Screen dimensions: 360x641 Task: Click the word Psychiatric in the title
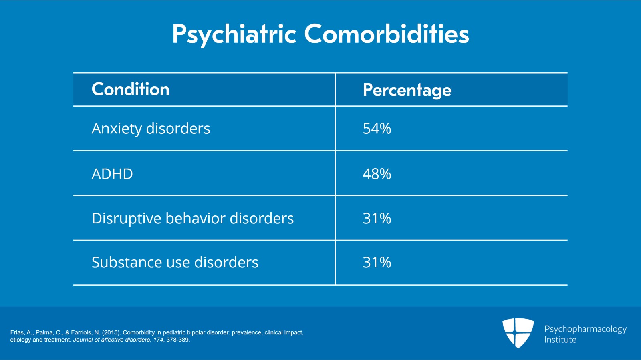pyautogui.click(x=234, y=34)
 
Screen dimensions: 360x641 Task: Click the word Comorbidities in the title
pyautogui.click(x=386, y=34)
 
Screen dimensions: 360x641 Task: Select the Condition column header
pyautogui.click(x=130, y=89)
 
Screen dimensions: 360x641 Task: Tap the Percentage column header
pyautogui.click(x=407, y=90)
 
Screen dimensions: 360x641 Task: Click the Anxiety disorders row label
pyautogui.click(x=151, y=129)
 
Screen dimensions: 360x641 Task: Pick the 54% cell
pyautogui.click(x=377, y=129)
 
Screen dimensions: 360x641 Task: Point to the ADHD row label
pyautogui.click(x=112, y=174)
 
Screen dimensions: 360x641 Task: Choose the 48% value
pyautogui.click(x=377, y=174)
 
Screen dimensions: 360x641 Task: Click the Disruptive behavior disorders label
pyautogui.click(x=193, y=219)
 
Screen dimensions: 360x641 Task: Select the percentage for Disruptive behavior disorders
pyautogui.click(x=377, y=219)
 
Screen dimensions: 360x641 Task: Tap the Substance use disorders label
pyautogui.click(x=175, y=263)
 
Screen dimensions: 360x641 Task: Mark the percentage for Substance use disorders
pyautogui.click(x=377, y=263)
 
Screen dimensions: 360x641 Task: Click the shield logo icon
pyautogui.click(x=518, y=332)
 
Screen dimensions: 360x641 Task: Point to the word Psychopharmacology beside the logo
pyautogui.click(x=585, y=329)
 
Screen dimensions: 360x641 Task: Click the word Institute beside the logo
pyautogui.click(x=560, y=340)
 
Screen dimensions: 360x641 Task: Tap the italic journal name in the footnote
pyautogui.click(x=111, y=340)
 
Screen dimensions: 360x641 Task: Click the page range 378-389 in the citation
pyautogui.click(x=177, y=340)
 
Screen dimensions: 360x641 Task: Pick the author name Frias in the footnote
pyautogui.click(x=17, y=332)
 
